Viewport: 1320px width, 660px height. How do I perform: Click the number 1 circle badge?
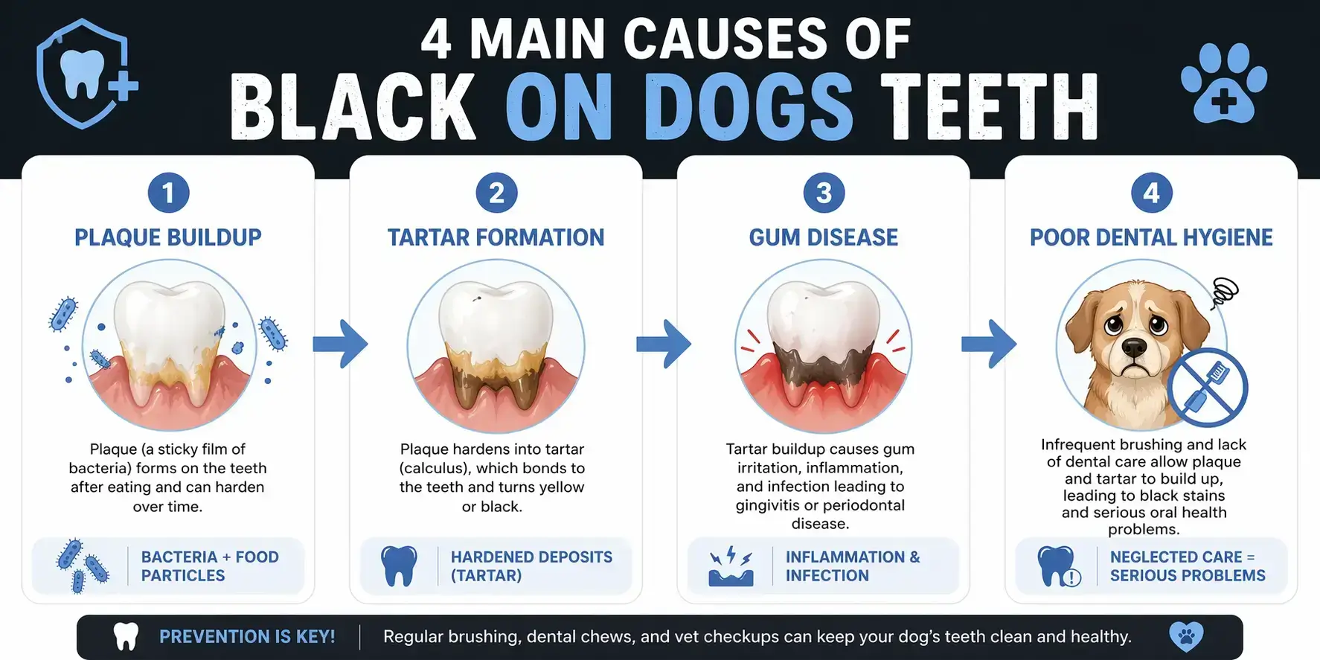(168, 193)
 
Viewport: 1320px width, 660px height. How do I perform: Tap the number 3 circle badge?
(824, 193)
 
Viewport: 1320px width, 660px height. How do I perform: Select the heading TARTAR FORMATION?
(496, 237)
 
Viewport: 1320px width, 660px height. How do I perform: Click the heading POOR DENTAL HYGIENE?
(1151, 237)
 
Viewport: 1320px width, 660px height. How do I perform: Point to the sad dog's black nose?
(1133, 347)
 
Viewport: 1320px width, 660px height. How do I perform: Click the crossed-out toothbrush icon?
(1206, 387)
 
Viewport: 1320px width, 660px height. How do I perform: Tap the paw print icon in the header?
(1223, 83)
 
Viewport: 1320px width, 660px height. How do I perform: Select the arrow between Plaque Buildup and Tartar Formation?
(340, 344)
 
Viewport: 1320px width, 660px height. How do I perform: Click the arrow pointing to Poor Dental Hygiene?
(989, 344)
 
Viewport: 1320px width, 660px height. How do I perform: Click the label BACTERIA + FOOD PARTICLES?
(210, 566)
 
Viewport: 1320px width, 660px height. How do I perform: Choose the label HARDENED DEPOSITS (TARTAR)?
(531, 566)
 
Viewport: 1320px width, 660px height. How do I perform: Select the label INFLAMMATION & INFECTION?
(853, 566)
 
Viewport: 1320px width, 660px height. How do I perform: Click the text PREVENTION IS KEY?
(247, 637)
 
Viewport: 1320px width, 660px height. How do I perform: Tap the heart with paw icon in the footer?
(1185, 637)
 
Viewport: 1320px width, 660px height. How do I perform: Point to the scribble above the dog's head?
(1224, 292)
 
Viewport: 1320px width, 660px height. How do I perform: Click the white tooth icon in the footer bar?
(126, 637)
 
